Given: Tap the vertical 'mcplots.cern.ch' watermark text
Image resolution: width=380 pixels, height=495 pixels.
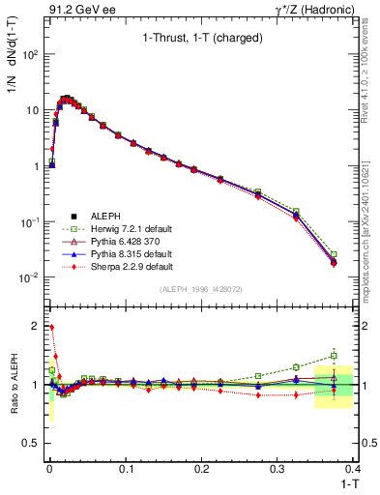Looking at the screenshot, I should click(x=370, y=232).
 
